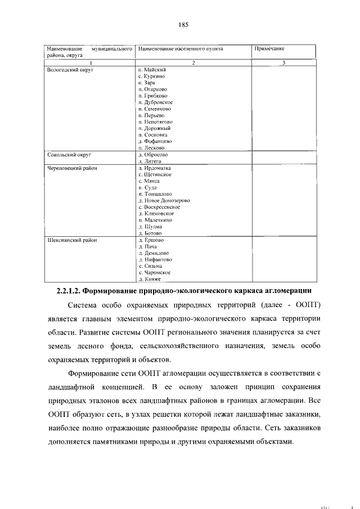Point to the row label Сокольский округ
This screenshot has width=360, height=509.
pos(69,154)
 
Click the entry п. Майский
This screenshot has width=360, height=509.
pos(152,69)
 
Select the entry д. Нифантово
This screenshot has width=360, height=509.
pos(155,260)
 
